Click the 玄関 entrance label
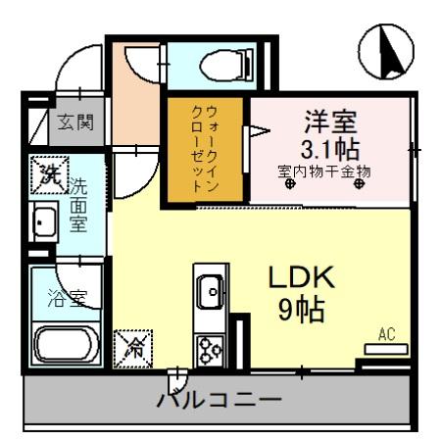pos(75,122)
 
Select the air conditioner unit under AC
pos(386,349)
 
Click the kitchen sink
pos(210,290)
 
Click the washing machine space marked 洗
pos(48,175)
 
